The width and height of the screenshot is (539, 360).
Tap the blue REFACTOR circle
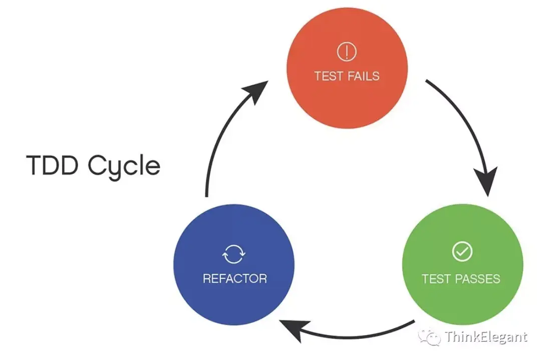[234, 266]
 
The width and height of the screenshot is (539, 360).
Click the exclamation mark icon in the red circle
[346, 51]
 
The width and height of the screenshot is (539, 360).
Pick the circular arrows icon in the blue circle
[234, 255]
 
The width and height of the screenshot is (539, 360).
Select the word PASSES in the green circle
[478, 278]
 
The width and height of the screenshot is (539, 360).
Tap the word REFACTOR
[234, 278]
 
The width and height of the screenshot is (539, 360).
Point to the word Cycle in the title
[124, 166]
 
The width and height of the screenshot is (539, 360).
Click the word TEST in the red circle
[329, 76]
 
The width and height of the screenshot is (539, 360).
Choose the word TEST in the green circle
[436, 278]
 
